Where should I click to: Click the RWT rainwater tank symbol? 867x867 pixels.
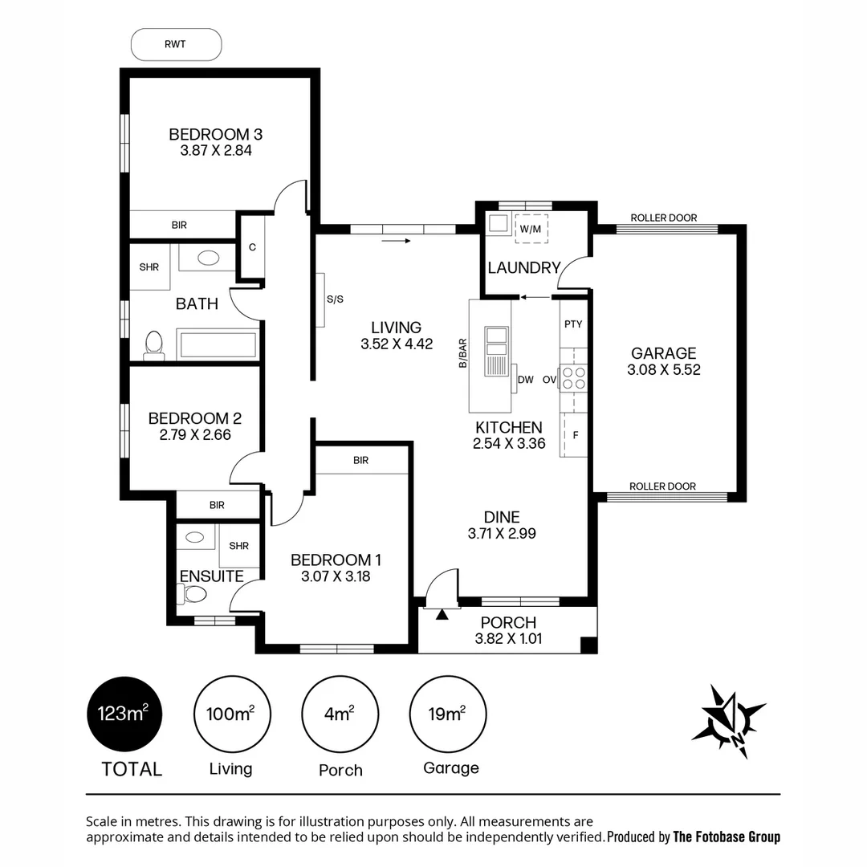176,44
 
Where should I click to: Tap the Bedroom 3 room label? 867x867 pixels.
215,134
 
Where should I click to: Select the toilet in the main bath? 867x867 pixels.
153,345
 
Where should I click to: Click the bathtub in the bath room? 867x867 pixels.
218,345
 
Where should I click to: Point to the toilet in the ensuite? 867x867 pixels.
193,594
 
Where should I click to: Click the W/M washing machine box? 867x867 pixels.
531,228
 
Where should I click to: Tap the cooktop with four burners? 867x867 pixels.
574,377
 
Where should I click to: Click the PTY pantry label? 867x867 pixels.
573,324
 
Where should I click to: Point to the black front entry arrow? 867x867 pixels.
442,615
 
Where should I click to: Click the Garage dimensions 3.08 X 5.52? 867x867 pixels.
663,370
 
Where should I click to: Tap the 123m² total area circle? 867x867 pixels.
124,713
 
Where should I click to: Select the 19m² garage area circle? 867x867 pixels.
448,713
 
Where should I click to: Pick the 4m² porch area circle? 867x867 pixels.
340,713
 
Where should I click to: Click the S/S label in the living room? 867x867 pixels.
335,299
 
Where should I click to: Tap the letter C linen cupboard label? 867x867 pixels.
252,247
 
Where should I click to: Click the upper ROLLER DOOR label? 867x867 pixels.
663,218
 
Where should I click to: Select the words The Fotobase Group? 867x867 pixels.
726,836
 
